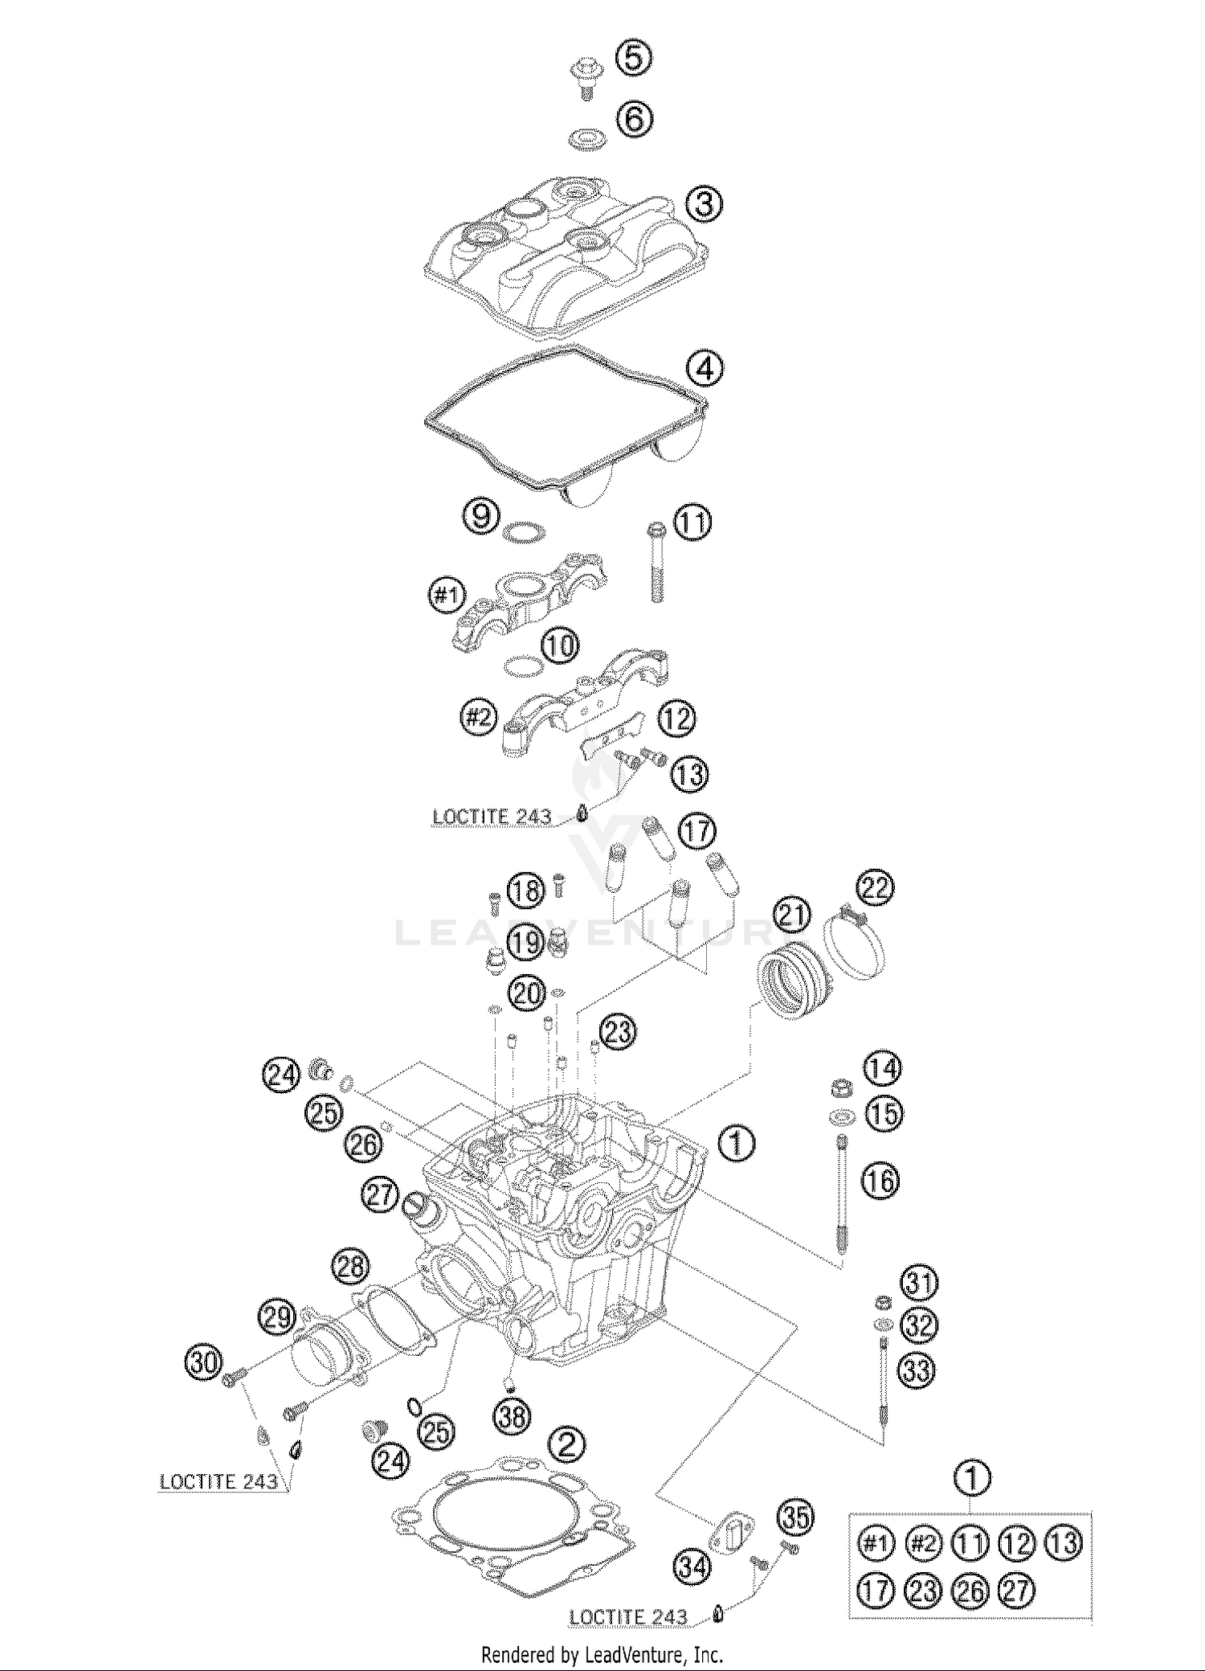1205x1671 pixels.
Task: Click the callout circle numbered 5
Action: click(x=633, y=59)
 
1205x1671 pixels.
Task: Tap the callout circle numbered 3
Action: click(x=704, y=203)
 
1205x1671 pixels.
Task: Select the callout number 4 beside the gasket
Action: click(x=705, y=369)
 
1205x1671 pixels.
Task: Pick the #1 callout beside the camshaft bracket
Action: click(x=447, y=596)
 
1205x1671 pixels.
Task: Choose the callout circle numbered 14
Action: click(x=882, y=1068)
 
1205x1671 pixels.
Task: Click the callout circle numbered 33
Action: click(x=917, y=1370)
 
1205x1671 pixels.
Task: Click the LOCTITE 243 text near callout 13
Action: click(x=492, y=817)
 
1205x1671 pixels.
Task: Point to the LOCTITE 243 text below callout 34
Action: click(x=628, y=1617)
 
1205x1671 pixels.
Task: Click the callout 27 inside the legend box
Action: click(x=1016, y=1589)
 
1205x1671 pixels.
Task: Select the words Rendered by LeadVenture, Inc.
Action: click(x=602, y=1655)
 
